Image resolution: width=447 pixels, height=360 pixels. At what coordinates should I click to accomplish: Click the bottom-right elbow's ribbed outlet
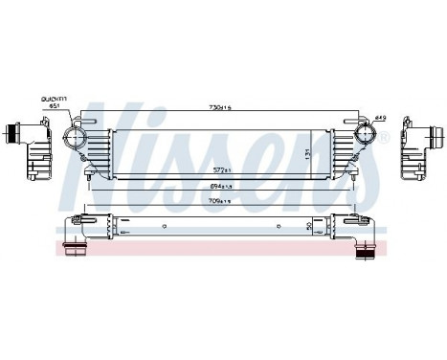pyautogui.click(x=366, y=253)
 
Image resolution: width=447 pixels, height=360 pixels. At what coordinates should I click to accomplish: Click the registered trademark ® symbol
pyautogui.click(x=385, y=140)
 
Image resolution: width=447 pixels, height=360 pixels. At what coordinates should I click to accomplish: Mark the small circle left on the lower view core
pyautogui.click(x=116, y=231)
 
